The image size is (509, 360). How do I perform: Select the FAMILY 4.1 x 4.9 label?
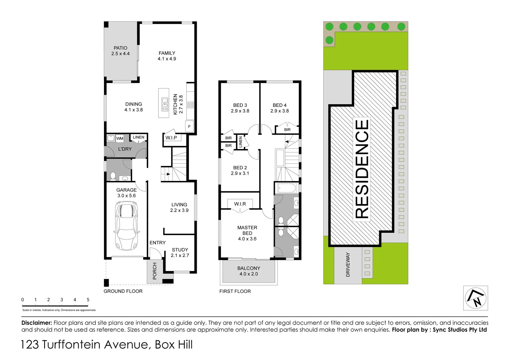tap(167, 56)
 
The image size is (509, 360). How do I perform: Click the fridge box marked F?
tap(189, 127)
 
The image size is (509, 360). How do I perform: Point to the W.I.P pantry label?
tap(171, 138)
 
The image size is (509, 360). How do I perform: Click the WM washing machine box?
tap(120, 138)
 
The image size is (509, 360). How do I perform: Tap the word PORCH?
tap(155, 271)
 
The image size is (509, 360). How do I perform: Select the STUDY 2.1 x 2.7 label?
tap(180, 253)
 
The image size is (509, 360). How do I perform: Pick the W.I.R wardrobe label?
tap(240, 204)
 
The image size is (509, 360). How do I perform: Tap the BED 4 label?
tap(280, 108)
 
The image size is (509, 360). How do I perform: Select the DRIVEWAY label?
tap(348, 264)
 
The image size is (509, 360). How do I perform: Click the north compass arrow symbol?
tap(476, 298)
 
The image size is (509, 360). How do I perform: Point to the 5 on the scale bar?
tap(88, 300)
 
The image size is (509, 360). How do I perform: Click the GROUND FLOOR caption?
tap(123, 291)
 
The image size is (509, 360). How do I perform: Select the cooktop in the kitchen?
tap(190, 105)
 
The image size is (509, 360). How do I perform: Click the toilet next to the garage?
tap(113, 176)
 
